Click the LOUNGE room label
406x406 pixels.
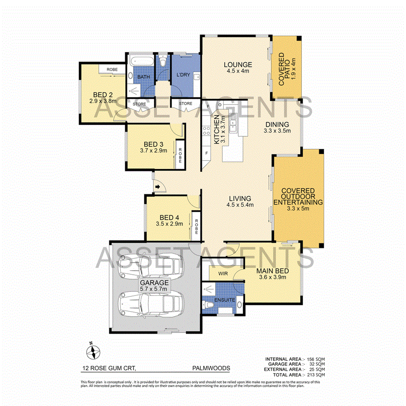click(x=238, y=65)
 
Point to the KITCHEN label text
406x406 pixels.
click(x=217, y=129)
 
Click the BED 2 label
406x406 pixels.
click(x=103, y=95)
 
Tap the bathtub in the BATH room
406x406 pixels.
click(x=141, y=61)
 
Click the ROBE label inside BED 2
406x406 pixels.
click(x=112, y=69)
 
